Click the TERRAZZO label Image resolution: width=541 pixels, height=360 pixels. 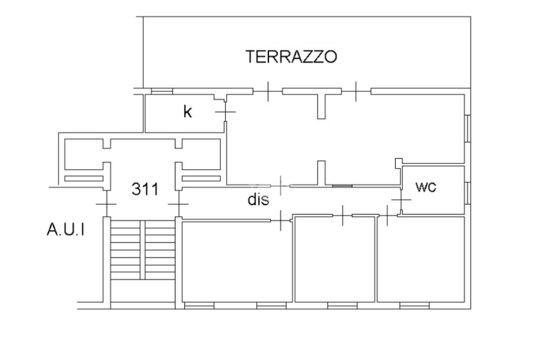coord(291,56)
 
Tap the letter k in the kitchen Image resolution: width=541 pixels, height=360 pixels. coord(187,112)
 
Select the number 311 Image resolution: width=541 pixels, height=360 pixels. coord(144,189)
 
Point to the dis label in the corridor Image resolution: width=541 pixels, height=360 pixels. coord(258,200)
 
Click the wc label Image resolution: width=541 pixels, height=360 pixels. coord(426,187)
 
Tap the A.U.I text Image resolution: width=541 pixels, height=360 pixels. coord(66,230)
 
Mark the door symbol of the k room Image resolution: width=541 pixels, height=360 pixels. coord(226,112)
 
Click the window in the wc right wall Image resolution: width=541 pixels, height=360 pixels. coord(468,192)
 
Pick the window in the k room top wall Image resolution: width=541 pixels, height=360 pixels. coord(162,91)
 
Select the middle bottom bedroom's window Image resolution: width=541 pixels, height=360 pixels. coord(342,305)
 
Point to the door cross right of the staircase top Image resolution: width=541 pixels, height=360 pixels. coord(179,204)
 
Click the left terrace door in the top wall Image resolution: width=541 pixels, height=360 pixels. coord(268,91)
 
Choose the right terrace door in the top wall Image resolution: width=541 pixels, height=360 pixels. coord(356,91)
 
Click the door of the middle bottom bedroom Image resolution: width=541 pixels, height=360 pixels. coord(342,215)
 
